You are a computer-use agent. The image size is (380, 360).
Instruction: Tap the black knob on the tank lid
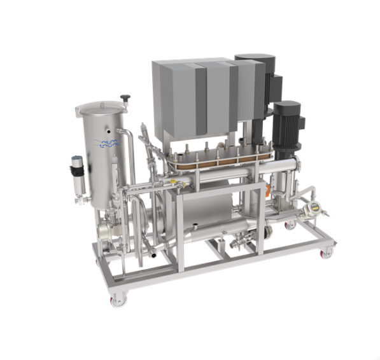(125, 98)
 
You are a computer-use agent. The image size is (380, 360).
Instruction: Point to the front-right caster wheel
(327, 253)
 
